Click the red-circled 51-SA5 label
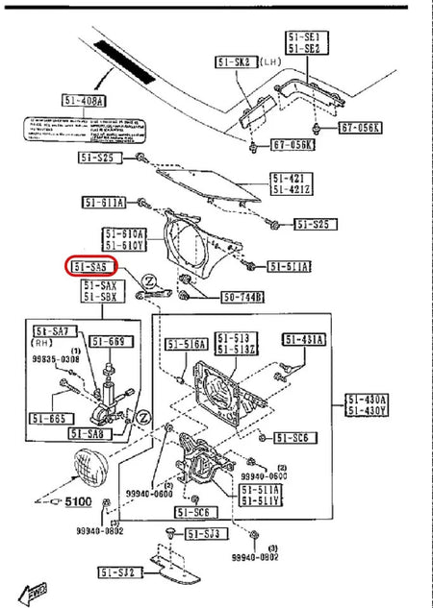tap(91, 266)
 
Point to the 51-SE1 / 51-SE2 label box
tap(306, 42)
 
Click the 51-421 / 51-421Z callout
tap(289, 183)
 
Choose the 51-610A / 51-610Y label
tap(125, 239)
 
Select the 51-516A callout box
tap(187, 344)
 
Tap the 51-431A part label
tap(304, 340)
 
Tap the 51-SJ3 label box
tap(203, 533)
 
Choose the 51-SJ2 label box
tap(120, 573)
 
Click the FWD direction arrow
tap(36, 589)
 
